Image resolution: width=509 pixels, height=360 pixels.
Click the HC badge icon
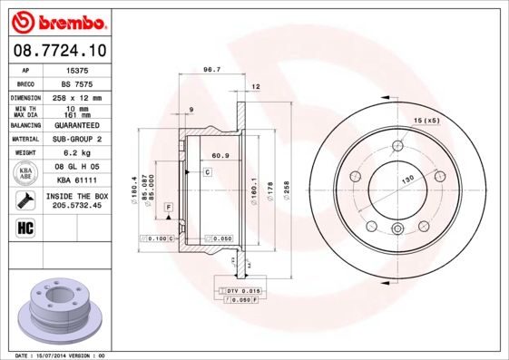[x=25, y=228]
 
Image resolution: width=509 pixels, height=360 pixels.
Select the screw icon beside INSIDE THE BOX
[x=25, y=201]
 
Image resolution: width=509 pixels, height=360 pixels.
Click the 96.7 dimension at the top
[x=211, y=69]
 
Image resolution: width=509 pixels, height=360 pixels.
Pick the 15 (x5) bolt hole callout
[x=426, y=121]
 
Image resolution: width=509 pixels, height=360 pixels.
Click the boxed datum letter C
[x=207, y=171]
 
